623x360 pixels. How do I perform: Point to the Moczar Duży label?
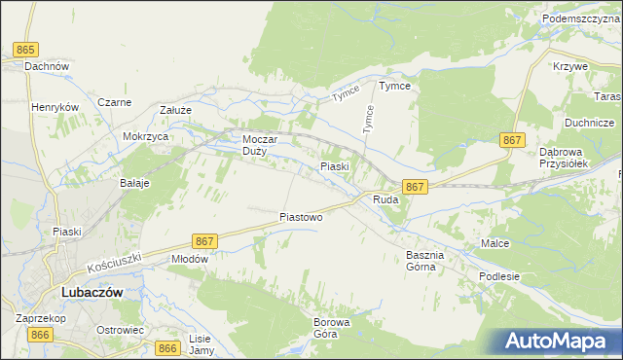pos(260,145)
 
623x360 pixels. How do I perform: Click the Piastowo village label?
pos(301,217)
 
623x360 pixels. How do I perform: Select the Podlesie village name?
pos(499,276)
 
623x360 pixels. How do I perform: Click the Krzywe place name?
pos(569,66)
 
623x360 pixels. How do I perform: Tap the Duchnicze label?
pos(589,124)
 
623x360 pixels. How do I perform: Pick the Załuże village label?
pos(175,111)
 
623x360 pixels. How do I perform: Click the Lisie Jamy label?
pos(202,343)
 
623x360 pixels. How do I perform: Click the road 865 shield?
pos(26,50)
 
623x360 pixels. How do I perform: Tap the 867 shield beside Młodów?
pos(204,240)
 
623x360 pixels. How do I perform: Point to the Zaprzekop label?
pos(40,317)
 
